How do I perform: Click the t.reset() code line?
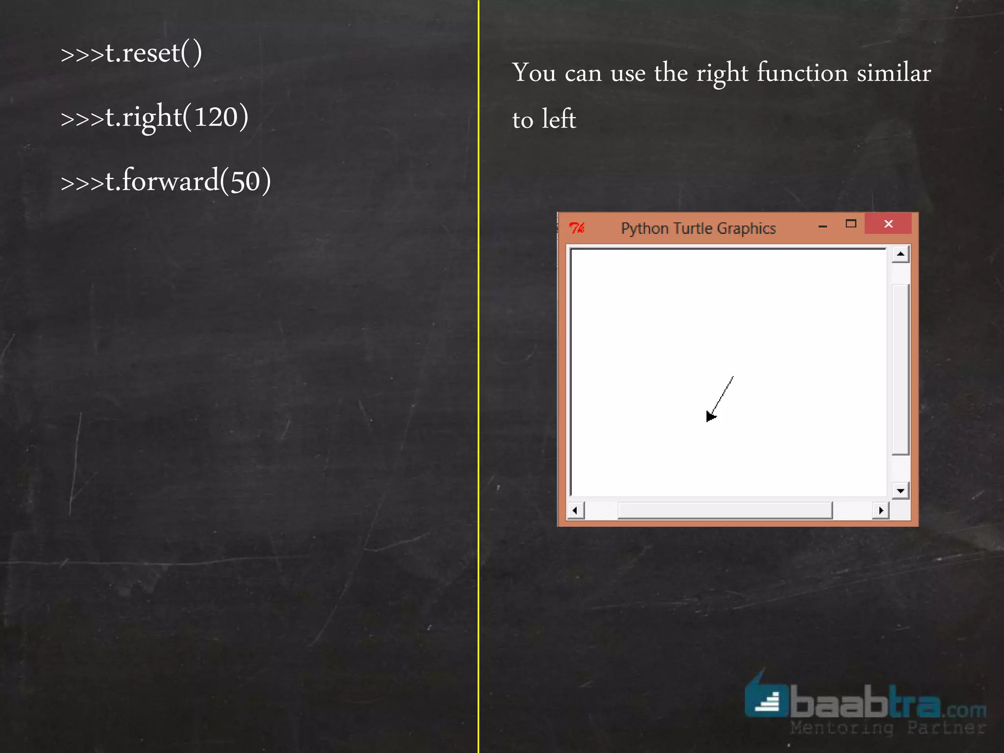click(131, 53)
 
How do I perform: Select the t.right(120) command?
click(154, 117)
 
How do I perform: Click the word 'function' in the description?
click(803, 73)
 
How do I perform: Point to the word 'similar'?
click(894, 73)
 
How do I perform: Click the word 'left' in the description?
click(559, 119)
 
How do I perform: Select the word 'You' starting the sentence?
click(534, 73)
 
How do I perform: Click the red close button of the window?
click(888, 224)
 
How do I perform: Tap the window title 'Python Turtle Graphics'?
click(698, 228)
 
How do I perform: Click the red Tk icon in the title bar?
click(577, 228)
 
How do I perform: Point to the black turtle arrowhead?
click(710, 416)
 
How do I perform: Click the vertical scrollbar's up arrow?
click(901, 254)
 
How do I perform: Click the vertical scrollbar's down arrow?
click(901, 490)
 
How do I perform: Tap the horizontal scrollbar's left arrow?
click(575, 510)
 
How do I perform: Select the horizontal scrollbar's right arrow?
click(881, 510)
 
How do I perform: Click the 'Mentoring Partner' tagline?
click(888, 728)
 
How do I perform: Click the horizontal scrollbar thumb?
click(725, 510)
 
